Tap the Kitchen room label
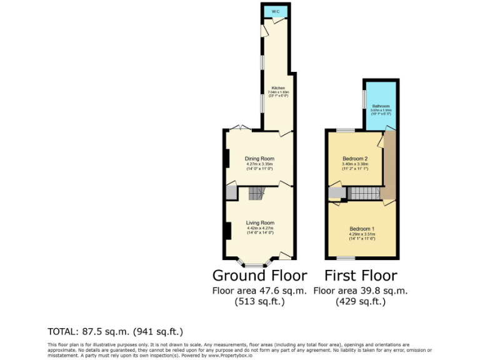pos(278,88)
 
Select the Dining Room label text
pos(259,159)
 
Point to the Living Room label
pos(259,223)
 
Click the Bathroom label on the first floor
pos(381,106)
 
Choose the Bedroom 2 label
pos(354,158)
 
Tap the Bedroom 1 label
pos(362,228)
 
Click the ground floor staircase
pos(256,194)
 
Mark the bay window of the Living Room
pos(254,264)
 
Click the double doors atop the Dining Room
pos(240,127)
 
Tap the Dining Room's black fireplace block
pos(226,158)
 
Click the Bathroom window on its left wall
pos(364,100)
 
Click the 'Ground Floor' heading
pos(259,276)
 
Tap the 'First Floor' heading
pos(360,276)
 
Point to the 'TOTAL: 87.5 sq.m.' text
pos(116,331)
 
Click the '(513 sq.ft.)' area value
pos(259,301)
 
